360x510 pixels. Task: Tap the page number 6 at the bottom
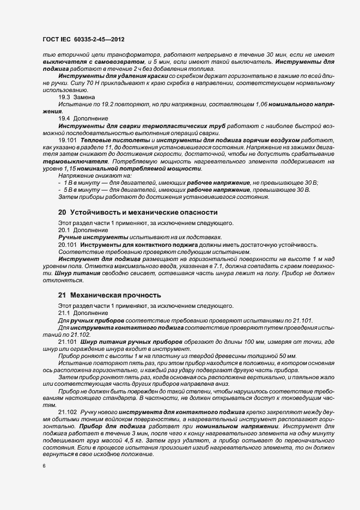pos(44,466)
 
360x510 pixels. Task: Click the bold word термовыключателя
pos(75,161)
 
